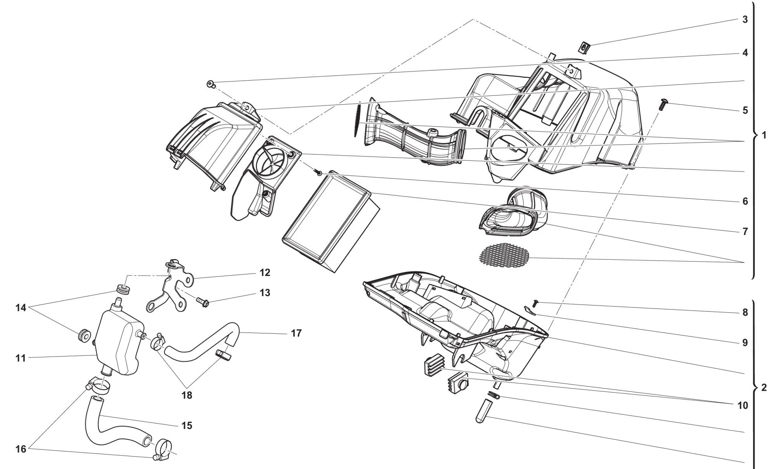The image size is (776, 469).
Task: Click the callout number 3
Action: coord(745,19)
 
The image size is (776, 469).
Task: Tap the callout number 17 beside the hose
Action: coord(296,333)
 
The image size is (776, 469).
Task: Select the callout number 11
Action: coord(21,358)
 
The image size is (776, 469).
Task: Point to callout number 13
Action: coord(265,293)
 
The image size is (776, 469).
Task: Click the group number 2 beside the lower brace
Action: coord(764,388)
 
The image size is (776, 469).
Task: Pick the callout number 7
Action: coord(745,231)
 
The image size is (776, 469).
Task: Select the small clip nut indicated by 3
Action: coord(584,48)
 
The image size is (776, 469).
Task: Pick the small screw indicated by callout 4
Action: coord(210,83)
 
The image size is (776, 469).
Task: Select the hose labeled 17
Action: coord(202,345)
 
